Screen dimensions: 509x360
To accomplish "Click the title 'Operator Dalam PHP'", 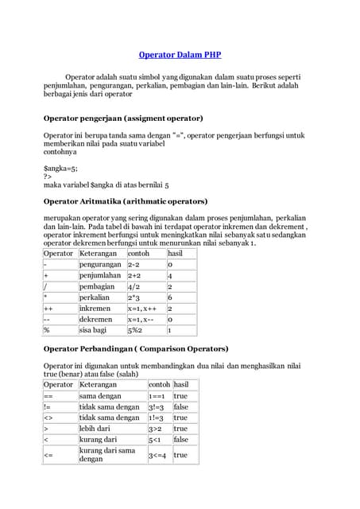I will pyautogui.click(x=180, y=56).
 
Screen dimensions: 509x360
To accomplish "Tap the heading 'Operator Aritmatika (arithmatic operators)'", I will pyautogui.click(x=125, y=201).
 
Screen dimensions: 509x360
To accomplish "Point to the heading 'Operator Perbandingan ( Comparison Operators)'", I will pyautogui.click(x=135, y=348).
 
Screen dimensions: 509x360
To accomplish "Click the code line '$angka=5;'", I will pyautogui.click(x=60, y=169).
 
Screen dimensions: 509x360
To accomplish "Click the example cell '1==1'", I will pyautogui.click(x=157, y=395).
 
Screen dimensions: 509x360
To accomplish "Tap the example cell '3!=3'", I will pyautogui.click(x=157, y=406).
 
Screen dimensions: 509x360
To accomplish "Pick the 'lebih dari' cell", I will pyautogui.click(x=95, y=428).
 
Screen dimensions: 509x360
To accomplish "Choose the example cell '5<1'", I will pyautogui.click(x=154, y=439).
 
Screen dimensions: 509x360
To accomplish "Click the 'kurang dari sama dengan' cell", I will pyautogui.click(x=106, y=454).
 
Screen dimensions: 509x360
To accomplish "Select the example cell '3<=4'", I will pyautogui.click(x=157, y=455).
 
